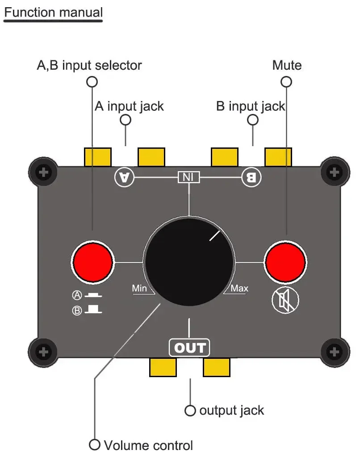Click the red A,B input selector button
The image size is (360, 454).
pos(93,262)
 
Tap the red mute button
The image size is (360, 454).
pos(285,262)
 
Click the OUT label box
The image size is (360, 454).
pos(189,348)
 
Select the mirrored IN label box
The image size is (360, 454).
pos(189,177)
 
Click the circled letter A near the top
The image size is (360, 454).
pos(124,177)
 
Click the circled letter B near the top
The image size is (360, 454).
pos(251,177)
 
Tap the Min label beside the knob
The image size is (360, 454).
pos(139,289)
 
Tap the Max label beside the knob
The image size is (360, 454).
pos(239,289)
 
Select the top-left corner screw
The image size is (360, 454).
pos(43,172)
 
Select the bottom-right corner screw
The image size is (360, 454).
pos(335,352)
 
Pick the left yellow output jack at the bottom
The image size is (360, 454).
pos(163,367)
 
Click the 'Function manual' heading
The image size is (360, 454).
pos(53,12)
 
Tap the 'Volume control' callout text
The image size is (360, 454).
pos(148,445)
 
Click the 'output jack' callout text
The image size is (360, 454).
pos(231,410)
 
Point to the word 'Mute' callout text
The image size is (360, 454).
pos(287,66)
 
